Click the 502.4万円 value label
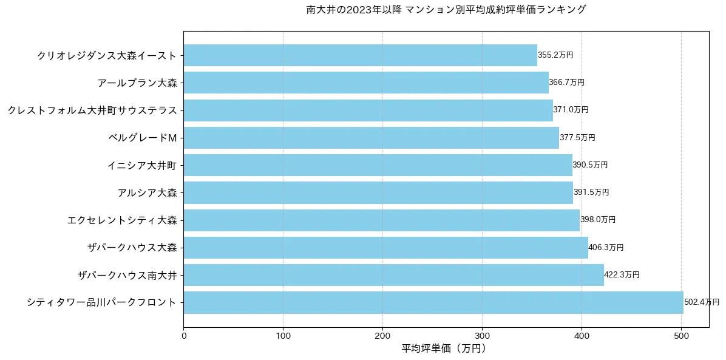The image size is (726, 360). tap(701, 302)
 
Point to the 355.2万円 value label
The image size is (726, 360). tap(555, 55)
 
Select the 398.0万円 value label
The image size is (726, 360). tap(598, 220)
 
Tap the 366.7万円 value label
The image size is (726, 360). tap(566, 83)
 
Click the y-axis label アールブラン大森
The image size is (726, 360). tap(137, 83)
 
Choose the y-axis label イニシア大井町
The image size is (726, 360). tap(142, 165)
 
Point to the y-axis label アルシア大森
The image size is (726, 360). tap(148, 193)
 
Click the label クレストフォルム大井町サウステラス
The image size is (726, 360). tap(92, 110)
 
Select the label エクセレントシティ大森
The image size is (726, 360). tap(122, 220)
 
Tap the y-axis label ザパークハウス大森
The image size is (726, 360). tap(132, 248)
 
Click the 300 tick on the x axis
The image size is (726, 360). tap(482, 335)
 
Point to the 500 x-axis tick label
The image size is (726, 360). tap(681, 335)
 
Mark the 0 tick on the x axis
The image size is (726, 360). tap(183, 335)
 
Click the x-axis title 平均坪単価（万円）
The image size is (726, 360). tap(444, 348)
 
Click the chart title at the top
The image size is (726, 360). tap(446, 10)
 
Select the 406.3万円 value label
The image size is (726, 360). tap(606, 248)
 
